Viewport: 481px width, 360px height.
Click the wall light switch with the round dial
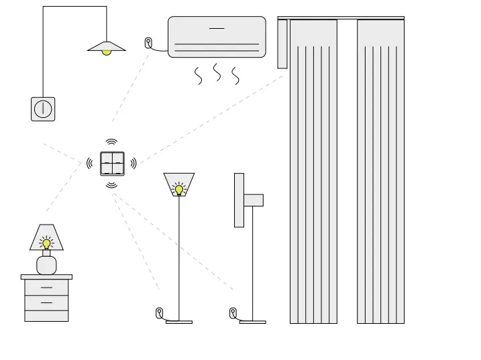[x=43, y=109]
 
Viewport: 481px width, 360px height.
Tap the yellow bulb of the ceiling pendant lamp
[x=106, y=52]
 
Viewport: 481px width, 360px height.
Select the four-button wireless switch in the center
[x=112, y=164]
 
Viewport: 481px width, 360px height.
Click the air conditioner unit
[x=217, y=37]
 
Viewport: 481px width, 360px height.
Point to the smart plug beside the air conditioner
[x=148, y=43]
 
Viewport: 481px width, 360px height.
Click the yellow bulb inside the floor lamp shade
[x=179, y=190]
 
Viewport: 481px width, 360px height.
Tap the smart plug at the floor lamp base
[x=160, y=312]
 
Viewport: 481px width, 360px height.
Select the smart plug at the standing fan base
[x=233, y=312]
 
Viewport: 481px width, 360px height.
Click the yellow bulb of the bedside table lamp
[x=46, y=244]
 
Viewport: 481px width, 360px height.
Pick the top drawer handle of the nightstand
[x=46, y=288]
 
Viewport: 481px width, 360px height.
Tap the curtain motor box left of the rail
[x=282, y=44]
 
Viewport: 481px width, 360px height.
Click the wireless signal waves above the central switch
[x=111, y=141]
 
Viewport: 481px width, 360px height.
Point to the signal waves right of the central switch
[x=133, y=163]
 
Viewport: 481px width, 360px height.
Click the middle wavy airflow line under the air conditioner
[x=217, y=72]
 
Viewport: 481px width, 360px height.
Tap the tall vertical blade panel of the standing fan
[x=239, y=200]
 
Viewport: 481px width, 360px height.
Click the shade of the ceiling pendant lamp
[x=106, y=46]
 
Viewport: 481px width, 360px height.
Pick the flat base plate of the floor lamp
[x=179, y=322]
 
